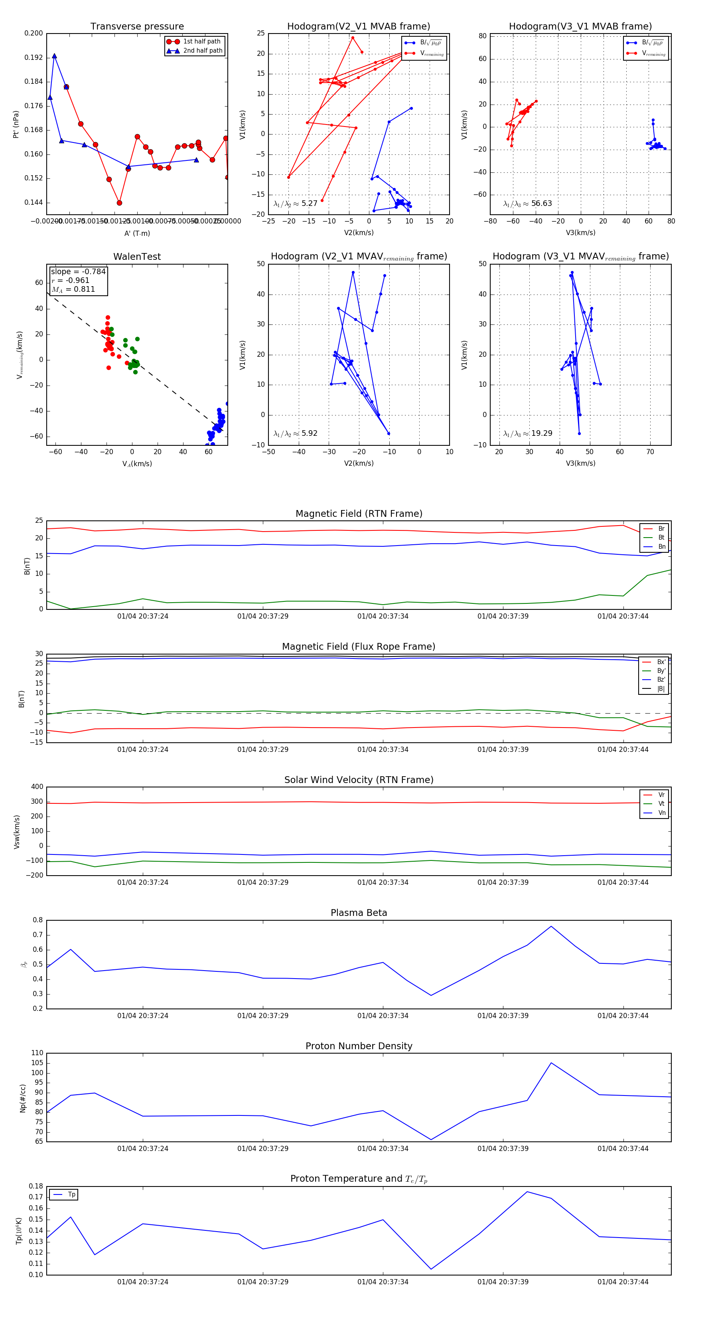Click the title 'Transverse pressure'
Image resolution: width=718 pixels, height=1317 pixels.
(x=137, y=27)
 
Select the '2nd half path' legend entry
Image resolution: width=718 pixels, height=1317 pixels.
(x=202, y=51)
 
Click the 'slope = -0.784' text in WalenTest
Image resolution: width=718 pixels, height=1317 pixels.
(x=78, y=271)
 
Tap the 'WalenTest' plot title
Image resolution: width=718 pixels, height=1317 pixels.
(x=137, y=257)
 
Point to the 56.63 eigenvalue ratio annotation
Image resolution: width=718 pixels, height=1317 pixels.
(x=541, y=204)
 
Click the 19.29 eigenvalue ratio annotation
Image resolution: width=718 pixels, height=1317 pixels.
(x=541, y=433)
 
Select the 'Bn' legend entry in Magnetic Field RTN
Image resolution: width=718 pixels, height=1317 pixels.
(x=661, y=546)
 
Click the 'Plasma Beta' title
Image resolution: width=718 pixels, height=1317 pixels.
(x=359, y=913)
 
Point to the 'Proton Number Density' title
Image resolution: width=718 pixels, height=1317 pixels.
(x=359, y=1046)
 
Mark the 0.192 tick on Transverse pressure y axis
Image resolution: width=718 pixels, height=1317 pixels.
(x=34, y=58)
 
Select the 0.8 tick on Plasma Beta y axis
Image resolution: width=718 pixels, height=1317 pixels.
(x=38, y=920)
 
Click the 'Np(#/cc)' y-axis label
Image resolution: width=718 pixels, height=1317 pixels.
(x=22, y=1098)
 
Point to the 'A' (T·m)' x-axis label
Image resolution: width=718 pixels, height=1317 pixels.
(x=137, y=233)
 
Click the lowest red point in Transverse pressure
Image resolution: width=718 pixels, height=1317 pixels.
(x=119, y=203)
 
